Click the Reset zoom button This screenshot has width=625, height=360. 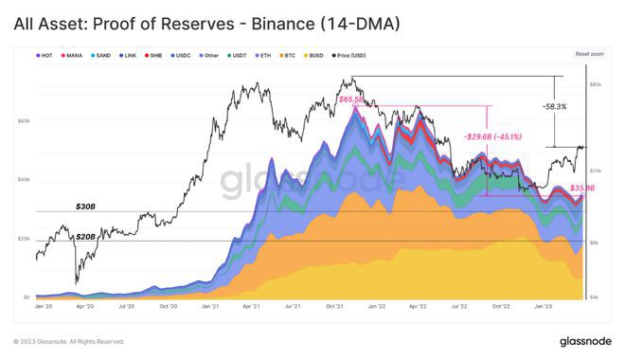[587, 55]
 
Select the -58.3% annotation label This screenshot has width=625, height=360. [555, 107]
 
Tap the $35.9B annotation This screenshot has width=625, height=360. [582, 188]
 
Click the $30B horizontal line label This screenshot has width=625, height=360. [86, 205]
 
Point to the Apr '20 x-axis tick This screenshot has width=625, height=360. [85, 307]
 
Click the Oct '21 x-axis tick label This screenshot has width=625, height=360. [333, 307]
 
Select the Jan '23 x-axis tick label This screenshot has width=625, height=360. [542, 307]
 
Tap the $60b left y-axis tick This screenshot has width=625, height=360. [25, 120]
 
